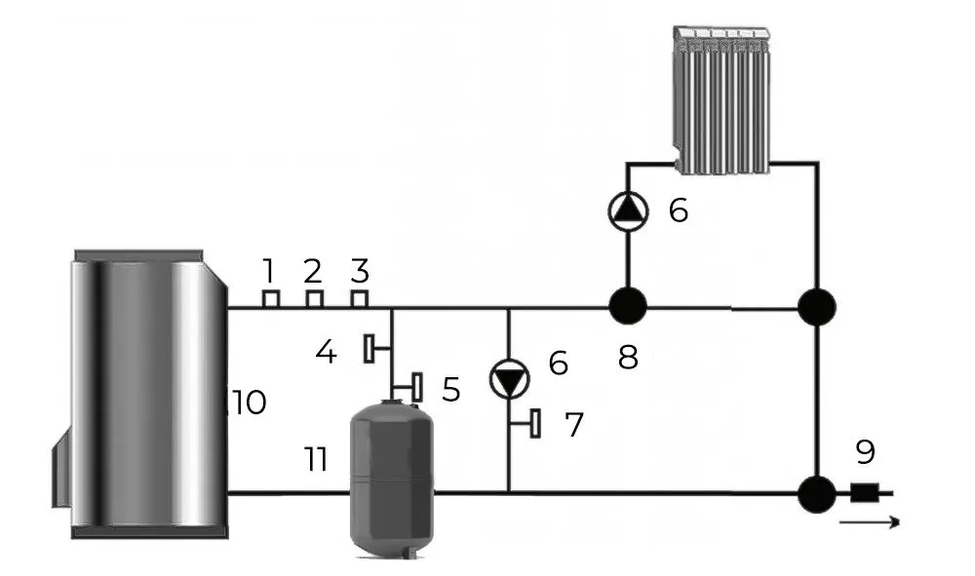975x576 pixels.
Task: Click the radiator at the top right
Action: [724, 99]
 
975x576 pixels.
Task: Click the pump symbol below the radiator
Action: [627, 210]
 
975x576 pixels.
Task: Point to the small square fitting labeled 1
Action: [272, 298]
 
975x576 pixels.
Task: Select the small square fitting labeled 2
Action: [314, 298]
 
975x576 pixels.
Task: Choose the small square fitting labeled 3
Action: [360, 298]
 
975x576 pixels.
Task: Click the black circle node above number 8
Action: [628, 307]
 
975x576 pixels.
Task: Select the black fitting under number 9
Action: [862, 493]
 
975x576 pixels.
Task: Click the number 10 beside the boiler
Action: [250, 402]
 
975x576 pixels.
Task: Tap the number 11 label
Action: [315, 459]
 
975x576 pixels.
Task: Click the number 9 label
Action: [865, 451]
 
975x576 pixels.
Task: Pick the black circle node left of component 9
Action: [816, 493]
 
